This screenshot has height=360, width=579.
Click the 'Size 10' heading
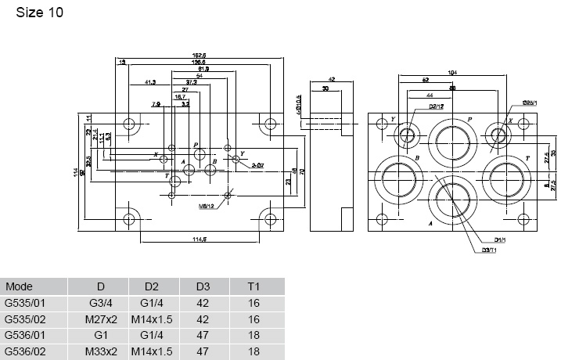[x=34, y=13]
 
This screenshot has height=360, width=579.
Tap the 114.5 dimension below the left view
[x=199, y=239]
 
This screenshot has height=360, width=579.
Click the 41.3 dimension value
[x=151, y=82]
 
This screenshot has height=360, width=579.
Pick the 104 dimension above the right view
[x=452, y=72]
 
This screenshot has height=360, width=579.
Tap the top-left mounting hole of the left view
[x=130, y=124]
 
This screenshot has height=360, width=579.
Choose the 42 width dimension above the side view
[x=331, y=80]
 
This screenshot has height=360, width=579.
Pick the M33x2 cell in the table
[x=101, y=352]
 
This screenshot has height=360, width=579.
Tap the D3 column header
[x=201, y=286]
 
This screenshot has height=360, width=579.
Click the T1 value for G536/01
[x=253, y=336]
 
